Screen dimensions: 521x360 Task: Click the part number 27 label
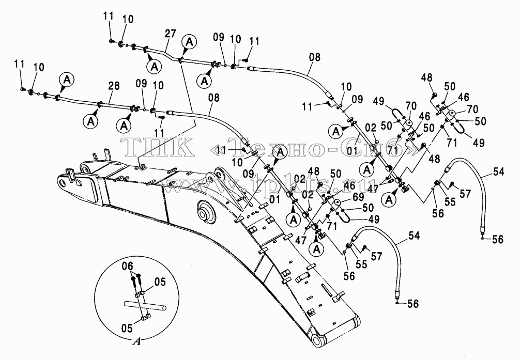click(x=171, y=34)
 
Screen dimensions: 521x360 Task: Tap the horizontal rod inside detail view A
click(x=145, y=306)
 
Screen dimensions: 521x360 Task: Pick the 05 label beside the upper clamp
click(x=160, y=283)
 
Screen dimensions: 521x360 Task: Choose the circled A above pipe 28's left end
click(x=67, y=80)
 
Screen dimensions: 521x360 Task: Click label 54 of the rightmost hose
click(x=498, y=171)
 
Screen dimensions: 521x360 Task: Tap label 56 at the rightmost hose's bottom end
click(x=497, y=239)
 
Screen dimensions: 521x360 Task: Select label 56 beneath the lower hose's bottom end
click(x=412, y=304)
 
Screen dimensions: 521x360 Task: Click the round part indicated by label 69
click(x=338, y=204)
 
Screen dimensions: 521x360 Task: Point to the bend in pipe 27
click(x=168, y=54)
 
